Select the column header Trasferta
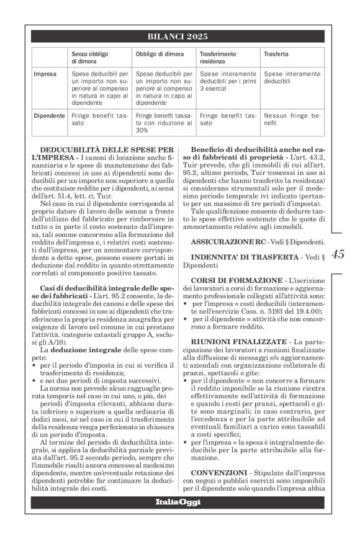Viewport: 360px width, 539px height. pyautogui.click(x=276, y=54)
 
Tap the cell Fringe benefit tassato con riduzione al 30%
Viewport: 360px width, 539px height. pyautogui.click(x=163, y=123)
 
